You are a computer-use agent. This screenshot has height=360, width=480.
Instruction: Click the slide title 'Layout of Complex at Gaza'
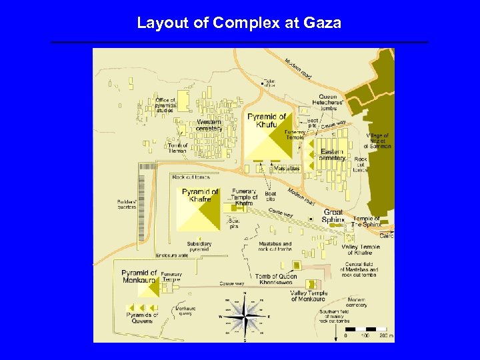[239, 23]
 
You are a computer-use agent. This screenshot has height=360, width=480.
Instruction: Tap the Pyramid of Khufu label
[267, 121]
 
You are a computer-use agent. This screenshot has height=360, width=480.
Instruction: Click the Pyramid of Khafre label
[200, 195]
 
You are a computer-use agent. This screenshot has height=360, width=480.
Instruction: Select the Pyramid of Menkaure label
[139, 277]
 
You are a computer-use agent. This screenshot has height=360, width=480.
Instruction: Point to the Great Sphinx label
[333, 216]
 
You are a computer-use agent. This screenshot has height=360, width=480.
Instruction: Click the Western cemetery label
[209, 125]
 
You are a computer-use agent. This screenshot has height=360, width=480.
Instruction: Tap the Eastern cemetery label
[333, 155]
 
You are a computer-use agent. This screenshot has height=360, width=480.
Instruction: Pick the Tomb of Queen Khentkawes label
[276, 279]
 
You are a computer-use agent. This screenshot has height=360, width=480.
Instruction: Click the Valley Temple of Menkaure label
[309, 296]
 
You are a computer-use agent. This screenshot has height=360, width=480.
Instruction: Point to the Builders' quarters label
[127, 204]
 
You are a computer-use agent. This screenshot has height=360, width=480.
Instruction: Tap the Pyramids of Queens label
[142, 318]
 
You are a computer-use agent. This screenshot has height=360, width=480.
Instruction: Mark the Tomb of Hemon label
[177, 148]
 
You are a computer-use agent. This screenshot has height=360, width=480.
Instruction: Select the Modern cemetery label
[357, 303]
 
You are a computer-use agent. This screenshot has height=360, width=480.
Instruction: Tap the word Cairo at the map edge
[387, 235]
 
